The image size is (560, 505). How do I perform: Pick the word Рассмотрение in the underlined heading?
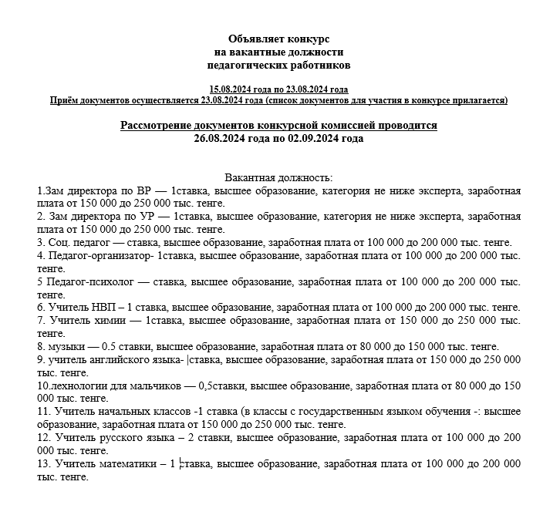(159, 125)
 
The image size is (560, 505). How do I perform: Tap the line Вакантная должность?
(278, 177)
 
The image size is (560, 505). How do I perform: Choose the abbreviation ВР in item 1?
(139, 190)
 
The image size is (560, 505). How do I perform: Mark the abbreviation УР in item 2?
(142, 217)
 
